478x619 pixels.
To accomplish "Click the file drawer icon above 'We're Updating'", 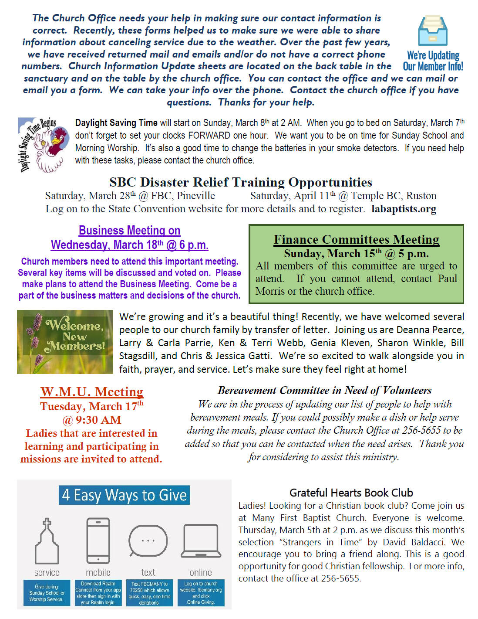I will [432, 31].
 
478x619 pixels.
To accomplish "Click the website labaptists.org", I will [404, 209].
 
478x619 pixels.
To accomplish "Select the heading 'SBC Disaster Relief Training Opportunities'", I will [241, 182].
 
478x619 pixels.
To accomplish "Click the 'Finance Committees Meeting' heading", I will [356, 239].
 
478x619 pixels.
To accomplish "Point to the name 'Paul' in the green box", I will [448, 279].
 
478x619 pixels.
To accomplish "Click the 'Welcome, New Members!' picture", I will [65, 342].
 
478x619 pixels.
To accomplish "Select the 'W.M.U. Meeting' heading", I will [92, 391].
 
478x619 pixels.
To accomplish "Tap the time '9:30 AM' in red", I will [98, 420].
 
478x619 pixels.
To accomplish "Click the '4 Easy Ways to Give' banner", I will [124, 495].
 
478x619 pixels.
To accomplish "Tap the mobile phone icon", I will [98, 541].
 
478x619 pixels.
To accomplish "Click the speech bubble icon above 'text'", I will [148, 541].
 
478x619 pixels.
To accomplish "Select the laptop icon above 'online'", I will [201, 541].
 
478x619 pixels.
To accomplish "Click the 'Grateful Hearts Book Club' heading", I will [351, 493].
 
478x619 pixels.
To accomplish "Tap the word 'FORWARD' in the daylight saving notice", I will [209, 136].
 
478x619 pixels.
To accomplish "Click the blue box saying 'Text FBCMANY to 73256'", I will [149, 593].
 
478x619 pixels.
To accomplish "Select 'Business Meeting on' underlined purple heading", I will [129, 230].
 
